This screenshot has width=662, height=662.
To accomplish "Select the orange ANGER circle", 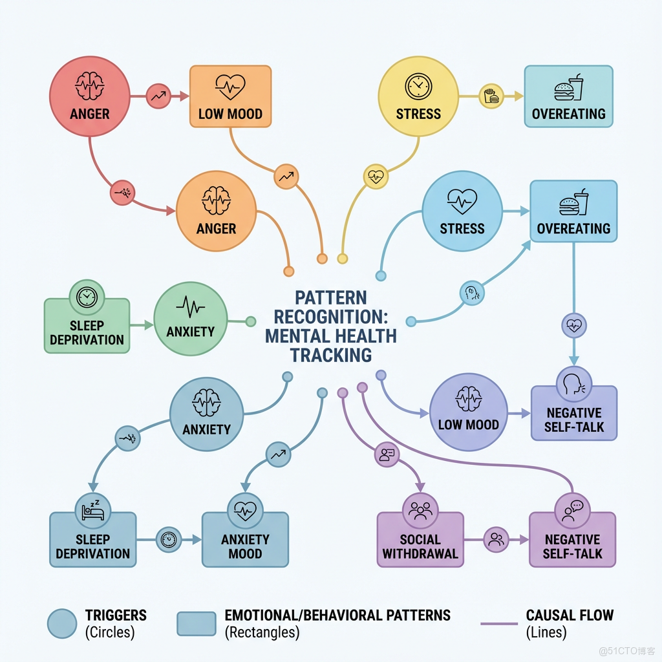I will [x=216, y=211].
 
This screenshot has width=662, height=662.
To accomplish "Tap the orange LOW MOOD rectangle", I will [x=230, y=96].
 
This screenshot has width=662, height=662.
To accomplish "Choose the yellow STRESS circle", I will [x=418, y=97].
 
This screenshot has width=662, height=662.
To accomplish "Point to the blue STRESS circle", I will [x=462, y=211].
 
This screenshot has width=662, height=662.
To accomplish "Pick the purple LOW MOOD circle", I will [x=469, y=411].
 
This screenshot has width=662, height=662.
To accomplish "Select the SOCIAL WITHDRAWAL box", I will [x=420, y=540].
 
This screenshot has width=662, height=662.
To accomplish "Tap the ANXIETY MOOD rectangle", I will [x=245, y=540].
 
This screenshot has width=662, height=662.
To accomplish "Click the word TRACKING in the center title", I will [x=330, y=355].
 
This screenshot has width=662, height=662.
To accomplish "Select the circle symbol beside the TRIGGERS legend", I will [x=63, y=623].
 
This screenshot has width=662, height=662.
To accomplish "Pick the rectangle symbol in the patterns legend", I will [x=196, y=623].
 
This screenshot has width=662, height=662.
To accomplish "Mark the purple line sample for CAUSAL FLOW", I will [x=499, y=624].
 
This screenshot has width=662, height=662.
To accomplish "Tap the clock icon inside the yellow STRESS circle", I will [x=418, y=86].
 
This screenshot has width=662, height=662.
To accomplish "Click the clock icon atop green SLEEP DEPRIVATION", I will [x=86, y=297].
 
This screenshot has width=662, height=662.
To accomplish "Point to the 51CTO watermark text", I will [x=627, y=649].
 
